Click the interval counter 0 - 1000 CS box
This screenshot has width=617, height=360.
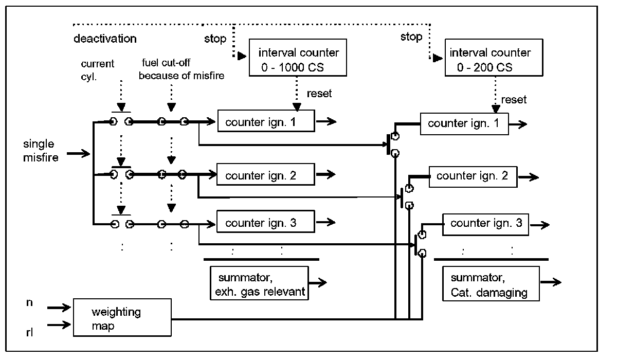click(x=292, y=60)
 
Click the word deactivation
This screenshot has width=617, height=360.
click(x=105, y=39)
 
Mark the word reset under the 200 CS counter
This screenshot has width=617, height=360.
click(x=514, y=99)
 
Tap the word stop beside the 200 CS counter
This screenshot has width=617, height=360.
click(x=411, y=37)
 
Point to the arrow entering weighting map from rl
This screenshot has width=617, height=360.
click(x=60, y=325)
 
